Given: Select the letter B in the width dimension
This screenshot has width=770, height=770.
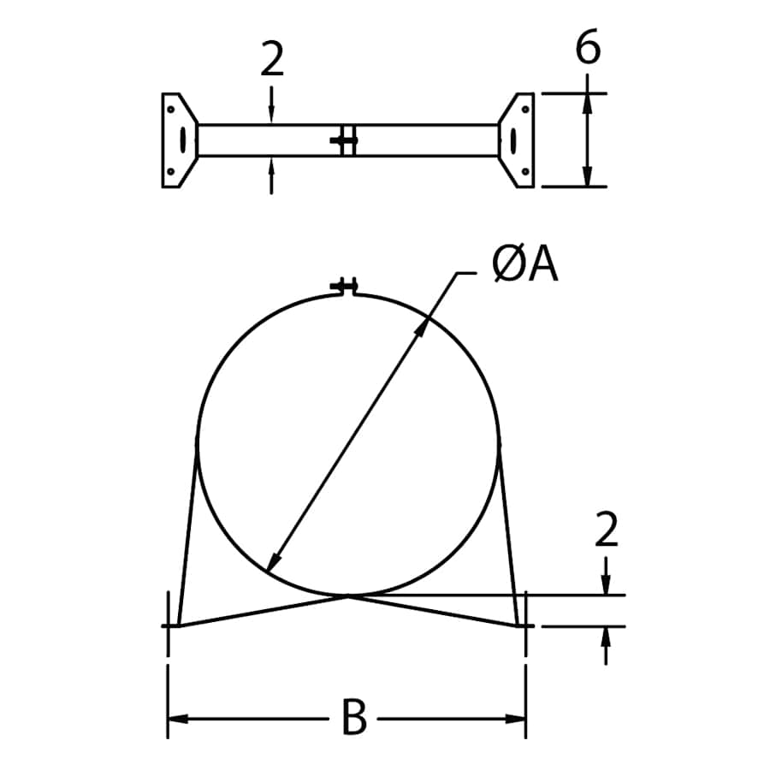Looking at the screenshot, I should point(353,719).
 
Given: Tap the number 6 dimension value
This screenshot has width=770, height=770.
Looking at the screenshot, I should point(588,49).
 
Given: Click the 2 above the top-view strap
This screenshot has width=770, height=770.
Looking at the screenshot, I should point(271,62).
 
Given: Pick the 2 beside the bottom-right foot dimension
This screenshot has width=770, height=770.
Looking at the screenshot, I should point(606,531).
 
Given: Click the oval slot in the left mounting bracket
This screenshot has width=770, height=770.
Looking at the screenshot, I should point(181,140).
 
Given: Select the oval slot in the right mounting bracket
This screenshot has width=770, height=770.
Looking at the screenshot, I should point(513,140).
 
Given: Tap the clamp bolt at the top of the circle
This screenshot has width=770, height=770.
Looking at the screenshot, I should point(346,286).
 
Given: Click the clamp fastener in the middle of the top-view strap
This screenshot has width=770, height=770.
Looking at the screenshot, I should point(345,140).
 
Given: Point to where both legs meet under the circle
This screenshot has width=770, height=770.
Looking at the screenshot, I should point(347,595).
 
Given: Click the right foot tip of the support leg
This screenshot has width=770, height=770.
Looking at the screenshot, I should point(521,625).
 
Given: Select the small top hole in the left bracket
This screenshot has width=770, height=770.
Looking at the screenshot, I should point(171,110).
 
